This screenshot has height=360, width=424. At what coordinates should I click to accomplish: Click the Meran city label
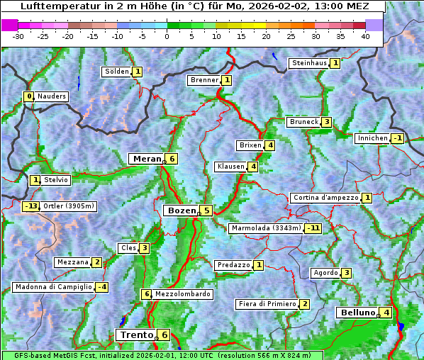point(146,159)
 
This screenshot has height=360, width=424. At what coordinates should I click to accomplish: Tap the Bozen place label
point(180,210)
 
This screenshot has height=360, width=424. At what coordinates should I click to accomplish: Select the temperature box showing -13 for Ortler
point(30,206)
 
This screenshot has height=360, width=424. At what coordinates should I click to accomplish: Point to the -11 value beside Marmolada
point(313,228)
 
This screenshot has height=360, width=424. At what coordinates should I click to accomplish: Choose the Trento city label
point(136,335)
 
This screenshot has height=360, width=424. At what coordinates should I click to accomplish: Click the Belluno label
point(357,313)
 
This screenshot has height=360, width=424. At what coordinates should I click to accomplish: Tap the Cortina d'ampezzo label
point(325,198)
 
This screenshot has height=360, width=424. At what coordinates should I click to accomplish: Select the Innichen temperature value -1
point(397,138)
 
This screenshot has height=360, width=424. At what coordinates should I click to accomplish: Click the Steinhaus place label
point(309,63)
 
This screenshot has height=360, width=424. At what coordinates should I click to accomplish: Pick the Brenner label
point(204,80)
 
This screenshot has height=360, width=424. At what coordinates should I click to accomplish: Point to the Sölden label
point(117,72)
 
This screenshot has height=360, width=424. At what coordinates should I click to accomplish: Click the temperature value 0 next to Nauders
point(28,96)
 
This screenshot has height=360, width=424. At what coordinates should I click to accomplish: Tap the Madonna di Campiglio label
point(53,287)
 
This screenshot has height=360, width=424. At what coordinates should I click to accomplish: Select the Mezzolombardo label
point(182,294)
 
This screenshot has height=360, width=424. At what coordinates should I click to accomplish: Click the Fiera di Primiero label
point(267,304)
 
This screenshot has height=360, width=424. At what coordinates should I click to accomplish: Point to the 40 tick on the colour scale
point(365,36)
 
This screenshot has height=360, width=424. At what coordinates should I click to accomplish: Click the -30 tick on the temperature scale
point(18,36)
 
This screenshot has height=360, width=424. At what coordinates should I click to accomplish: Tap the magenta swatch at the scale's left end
point(9,24)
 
